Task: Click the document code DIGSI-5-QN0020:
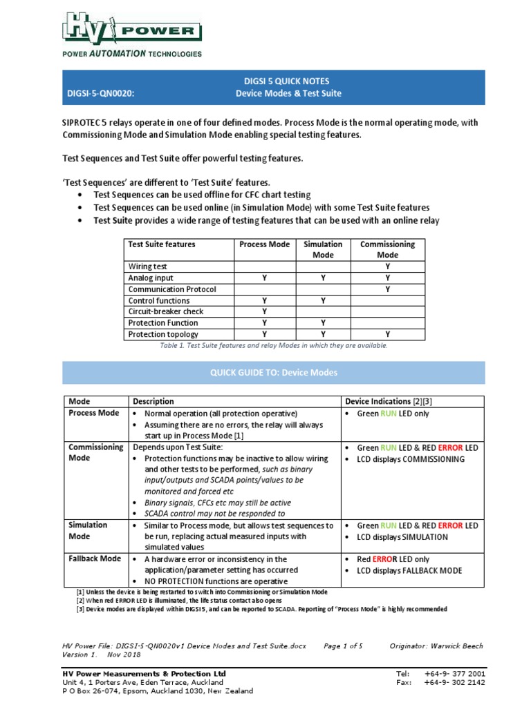[104, 93]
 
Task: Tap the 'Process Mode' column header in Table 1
[265, 244]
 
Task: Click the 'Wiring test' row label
[148, 267]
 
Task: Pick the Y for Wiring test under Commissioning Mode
[388, 267]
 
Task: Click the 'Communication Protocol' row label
[172, 289]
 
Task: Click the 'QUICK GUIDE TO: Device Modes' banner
[274, 372]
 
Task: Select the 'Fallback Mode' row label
[95, 559]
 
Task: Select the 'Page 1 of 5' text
[343, 646]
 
